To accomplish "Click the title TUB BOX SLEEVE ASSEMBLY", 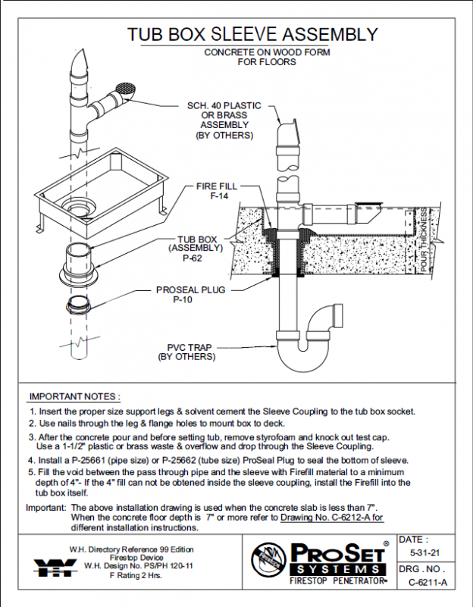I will coord(252,34).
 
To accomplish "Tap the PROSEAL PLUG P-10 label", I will coord(190,294).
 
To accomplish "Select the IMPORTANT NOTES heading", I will coord(74,396).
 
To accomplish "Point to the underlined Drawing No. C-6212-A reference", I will coord(332,518).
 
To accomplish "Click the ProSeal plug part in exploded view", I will coord(79,305).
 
